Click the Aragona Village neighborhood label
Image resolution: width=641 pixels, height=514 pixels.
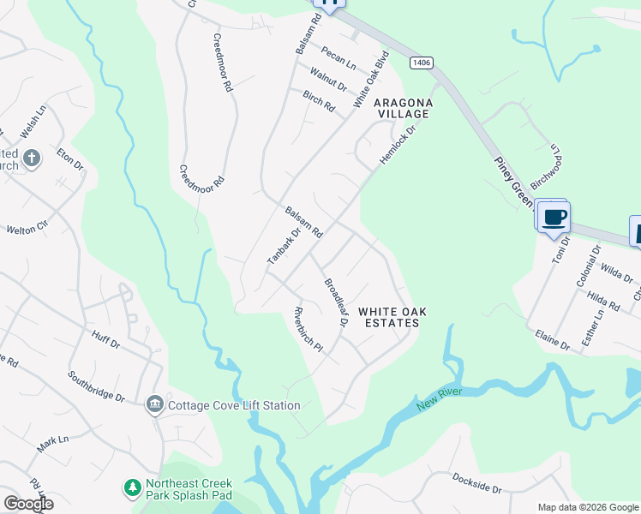(402, 108)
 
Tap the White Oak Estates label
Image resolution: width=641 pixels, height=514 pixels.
(388, 317)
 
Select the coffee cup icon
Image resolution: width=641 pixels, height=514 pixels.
(554, 217)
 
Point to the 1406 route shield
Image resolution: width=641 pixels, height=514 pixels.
(420, 63)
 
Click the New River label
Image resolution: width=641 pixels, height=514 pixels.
(440, 398)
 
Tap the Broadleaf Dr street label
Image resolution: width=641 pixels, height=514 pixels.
(335, 301)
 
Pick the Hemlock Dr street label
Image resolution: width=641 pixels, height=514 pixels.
(398, 147)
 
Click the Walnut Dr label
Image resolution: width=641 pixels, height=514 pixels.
(328, 80)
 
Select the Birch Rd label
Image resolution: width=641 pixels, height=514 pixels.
(319, 100)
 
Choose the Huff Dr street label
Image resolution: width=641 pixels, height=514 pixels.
(104, 340)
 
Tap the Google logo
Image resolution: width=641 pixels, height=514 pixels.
(27, 504)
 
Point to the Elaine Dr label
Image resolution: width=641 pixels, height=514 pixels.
(553, 340)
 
